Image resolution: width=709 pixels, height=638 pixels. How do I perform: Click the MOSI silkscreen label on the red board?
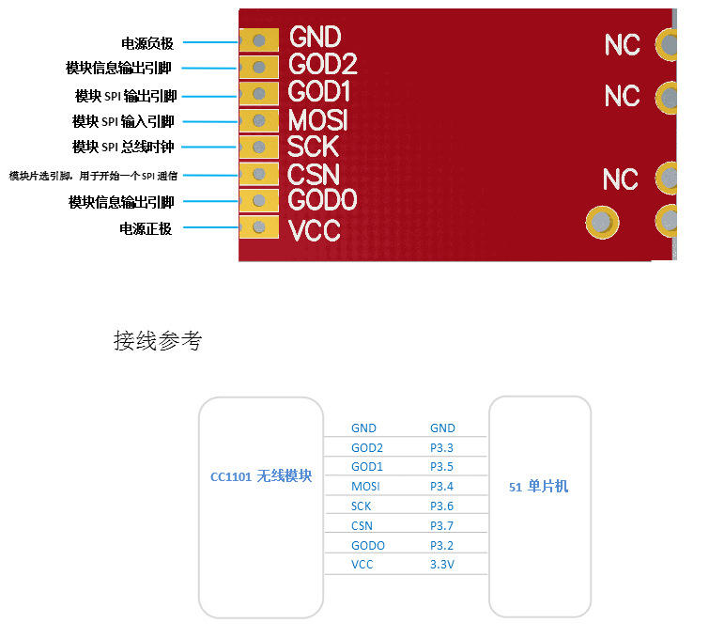pyautogui.click(x=318, y=120)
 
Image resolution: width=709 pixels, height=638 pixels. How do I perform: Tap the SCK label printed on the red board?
pyautogui.click(x=314, y=148)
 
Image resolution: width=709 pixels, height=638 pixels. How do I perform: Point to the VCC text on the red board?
pyautogui.click(x=315, y=230)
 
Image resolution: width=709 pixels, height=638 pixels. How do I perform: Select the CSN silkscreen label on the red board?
pyautogui.click(x=314, y=175)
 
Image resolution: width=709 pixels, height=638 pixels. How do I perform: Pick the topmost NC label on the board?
pyautogui.click(x=622, y=44)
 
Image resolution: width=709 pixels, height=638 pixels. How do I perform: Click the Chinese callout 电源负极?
pyautogui.click(x=147, y=43)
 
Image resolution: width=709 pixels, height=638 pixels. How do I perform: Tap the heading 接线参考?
pyautogui.click(x=157, y=341)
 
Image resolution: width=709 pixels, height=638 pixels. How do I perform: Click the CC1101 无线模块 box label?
pyautogui.click(x=261, y=476)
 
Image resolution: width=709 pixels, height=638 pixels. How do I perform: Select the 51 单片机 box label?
pyautogui.click(x=539, y=487)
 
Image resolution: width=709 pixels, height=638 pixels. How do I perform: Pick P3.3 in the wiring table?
pyautogui.click(x=441, y=447)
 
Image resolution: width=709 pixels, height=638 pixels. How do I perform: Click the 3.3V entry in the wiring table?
pyautogui.click(x=441, y=565)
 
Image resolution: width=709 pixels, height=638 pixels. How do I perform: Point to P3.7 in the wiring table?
pyautogui.click(x=441, y=525)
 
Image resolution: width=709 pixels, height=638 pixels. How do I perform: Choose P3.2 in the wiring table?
pyautogui.click(x=441, y=545)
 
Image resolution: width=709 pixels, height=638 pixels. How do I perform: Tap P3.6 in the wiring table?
pyautogui.click(x=441, y=506)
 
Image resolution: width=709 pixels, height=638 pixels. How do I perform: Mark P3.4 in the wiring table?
pyautogui.click(x=441, y=486)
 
